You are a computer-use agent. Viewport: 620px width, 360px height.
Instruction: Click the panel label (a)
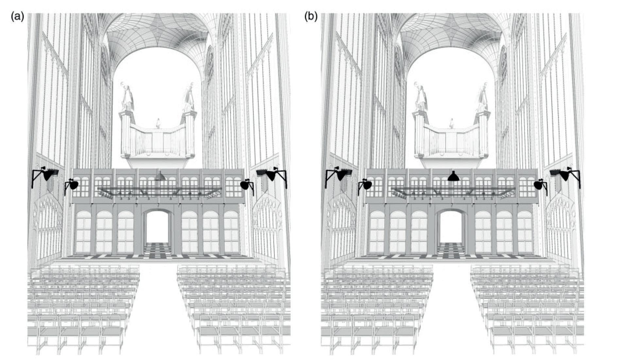(x=17, y=16)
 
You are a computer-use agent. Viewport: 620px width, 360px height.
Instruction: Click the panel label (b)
(x=311, y=16)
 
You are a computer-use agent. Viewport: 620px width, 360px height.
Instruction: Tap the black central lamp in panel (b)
(x=453, y=176)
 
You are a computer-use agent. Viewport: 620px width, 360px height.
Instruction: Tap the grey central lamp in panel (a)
(x=160, y=176)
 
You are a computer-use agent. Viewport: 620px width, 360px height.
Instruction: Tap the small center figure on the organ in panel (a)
(x=158, y=124)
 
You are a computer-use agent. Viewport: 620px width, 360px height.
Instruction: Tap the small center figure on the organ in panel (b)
(x=452, y=124)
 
